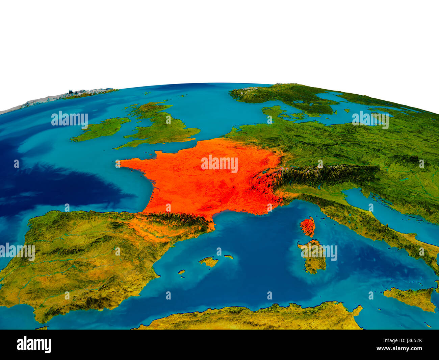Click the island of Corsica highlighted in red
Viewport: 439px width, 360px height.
pyautogui.click(x=307, y=227)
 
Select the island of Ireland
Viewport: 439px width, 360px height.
pyautogui.click(x=101, y=128)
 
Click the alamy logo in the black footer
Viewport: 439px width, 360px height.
pyautogui.click(x=34, y=345)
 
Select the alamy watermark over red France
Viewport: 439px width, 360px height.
pyautogui.click(x=219, y=164)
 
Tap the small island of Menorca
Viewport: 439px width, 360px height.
pyautogui.click(x=229, y=257)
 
